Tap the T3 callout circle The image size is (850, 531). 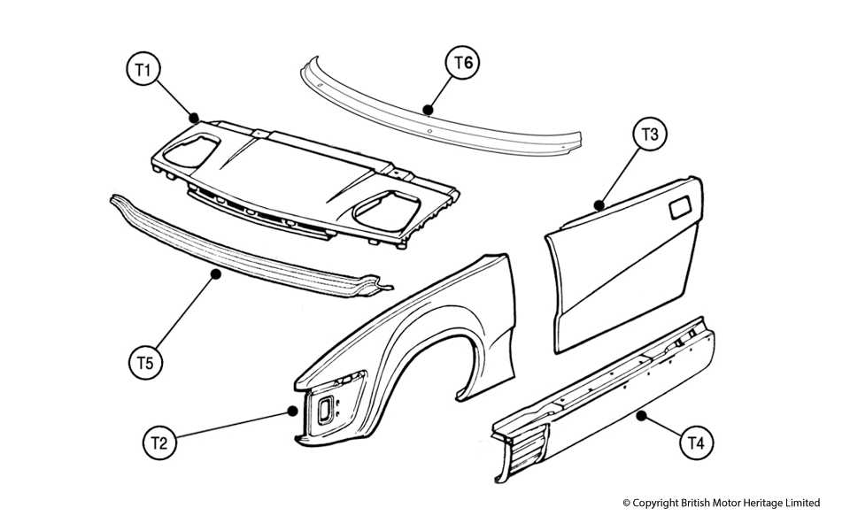click(649, 135)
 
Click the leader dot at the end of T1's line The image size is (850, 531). click(194, 115)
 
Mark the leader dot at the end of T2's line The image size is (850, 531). click(293, 410)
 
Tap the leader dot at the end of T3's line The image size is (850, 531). click(600, 205)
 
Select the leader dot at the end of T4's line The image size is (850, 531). click(640, 412)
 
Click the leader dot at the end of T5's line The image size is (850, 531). click(215, 275)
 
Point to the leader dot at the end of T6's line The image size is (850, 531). click(429, 110)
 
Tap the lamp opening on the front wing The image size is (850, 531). click(325, 409)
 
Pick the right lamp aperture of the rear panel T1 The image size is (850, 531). click(381, 209)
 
